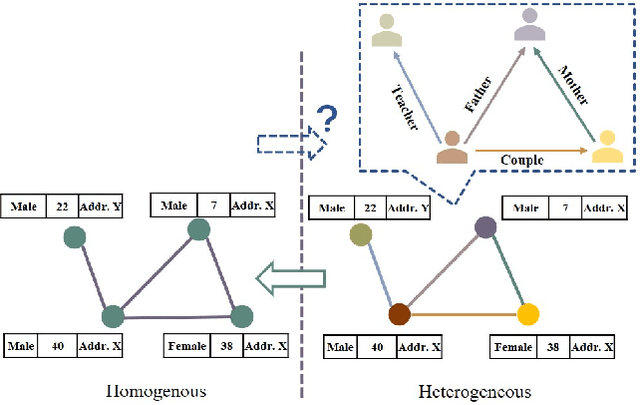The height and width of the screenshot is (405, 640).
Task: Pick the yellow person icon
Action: pos(606,147)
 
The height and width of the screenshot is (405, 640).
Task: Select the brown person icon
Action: pos(452,147)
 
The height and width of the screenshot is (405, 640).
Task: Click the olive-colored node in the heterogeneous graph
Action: pos(360,235)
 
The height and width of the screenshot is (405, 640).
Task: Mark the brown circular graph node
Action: pos(399,314)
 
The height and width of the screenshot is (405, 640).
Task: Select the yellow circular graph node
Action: pos(528,315)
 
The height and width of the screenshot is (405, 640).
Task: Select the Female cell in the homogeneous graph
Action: pos(187,348)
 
